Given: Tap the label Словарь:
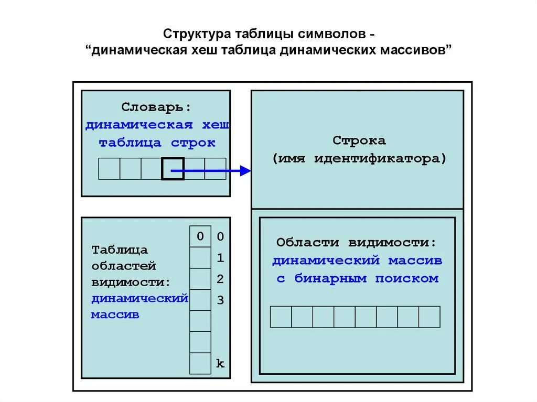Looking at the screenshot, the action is [x=156, y=107].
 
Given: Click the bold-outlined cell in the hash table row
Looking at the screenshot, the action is [x=173, y=169].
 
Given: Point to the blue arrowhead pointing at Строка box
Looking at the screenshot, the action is [x=245, y=170].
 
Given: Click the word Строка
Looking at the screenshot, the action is [x=359, y=140].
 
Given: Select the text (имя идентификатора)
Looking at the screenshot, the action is [x=359, y=158].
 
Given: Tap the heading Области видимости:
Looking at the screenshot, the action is [x=357, y=243].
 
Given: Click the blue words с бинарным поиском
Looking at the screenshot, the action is [x=357, y=278].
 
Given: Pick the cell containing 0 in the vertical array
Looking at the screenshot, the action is [x=200, y=236].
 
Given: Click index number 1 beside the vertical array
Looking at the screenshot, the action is [x=221, y=258].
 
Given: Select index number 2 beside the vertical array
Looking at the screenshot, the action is [x=221, y=279].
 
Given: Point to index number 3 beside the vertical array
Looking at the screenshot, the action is [x=221, y=300].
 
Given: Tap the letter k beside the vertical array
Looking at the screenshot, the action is [x=220, y=363].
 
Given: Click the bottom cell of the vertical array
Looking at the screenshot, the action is [x=200, y=363].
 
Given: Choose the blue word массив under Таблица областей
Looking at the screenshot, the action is [x=115, y=315].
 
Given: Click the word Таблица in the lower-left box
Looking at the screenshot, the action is [x=120, y=250].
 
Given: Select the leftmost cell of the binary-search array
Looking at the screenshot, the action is [x=281, y=317].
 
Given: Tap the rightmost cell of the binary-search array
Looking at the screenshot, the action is [x=429, y=317].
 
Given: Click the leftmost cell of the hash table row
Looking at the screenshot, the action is [x=109, y=169].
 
